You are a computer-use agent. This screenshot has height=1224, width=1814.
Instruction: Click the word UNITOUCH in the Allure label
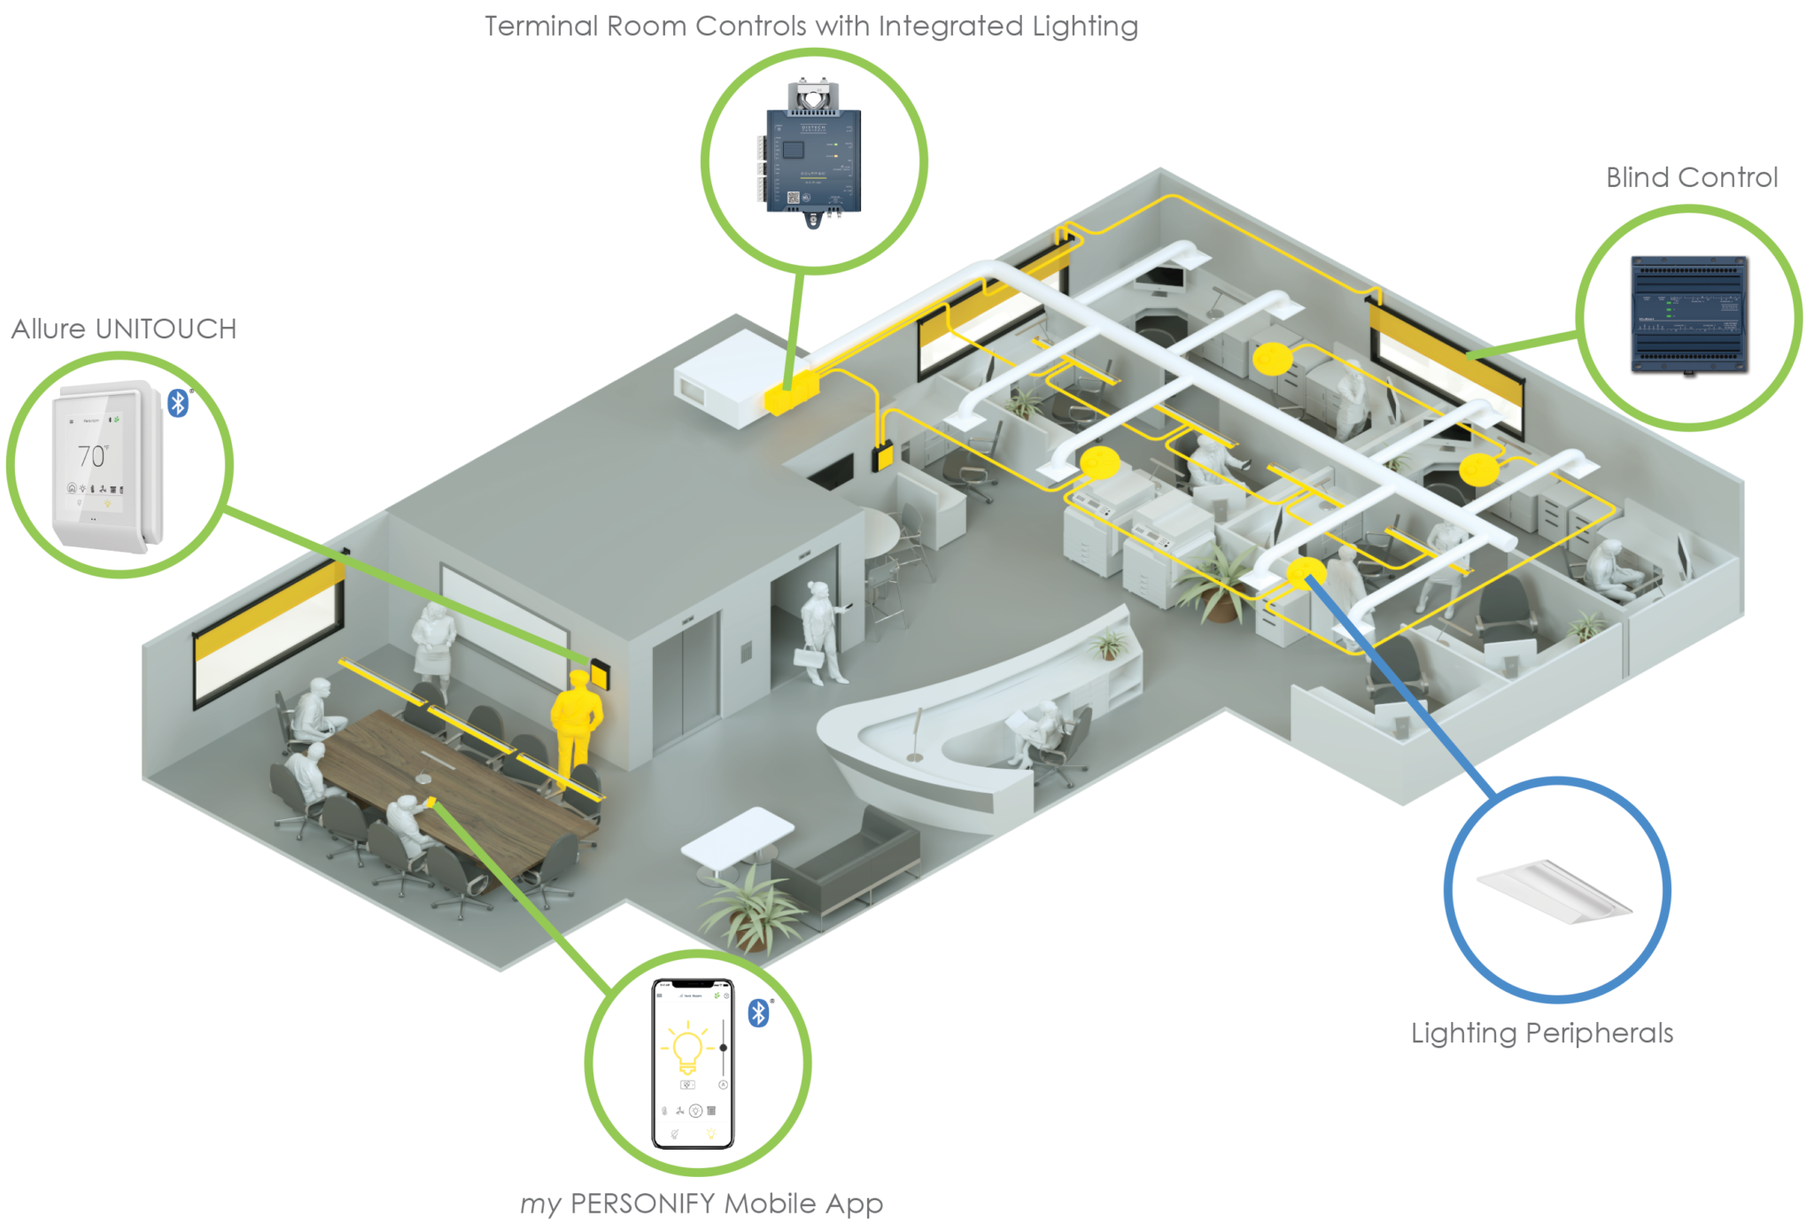click(x=166, y=329)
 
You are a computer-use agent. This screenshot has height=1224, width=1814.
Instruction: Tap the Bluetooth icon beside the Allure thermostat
click(x=178, y=403)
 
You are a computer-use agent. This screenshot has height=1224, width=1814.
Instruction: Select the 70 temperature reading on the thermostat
click(x=91, y=455)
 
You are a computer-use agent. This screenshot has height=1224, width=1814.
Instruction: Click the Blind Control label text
click(x=1692, y=178)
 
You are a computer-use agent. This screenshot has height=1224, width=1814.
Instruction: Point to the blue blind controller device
click(x=1690, y=314)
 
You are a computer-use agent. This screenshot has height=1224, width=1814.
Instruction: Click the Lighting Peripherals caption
click(x=1542, y=1033)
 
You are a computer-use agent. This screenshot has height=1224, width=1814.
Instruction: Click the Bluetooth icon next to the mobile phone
click(x=758, y=1012)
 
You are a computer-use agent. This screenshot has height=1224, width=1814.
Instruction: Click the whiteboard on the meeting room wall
click(x=504, y=606)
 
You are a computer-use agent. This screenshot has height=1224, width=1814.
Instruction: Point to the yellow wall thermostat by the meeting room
click(x=599, y=672)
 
